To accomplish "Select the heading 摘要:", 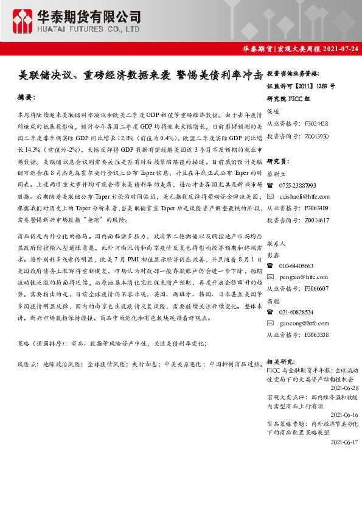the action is pyautogui.click(x=27, y=97).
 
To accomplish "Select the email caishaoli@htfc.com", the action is pyautogui.click(x=305, y=196).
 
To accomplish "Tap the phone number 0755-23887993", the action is pyautogui.click(x=298, y=185).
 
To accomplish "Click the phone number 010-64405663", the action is pyautogui.click(x=298, y=266).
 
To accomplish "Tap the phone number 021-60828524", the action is pyautogui.click(x=298, y=311).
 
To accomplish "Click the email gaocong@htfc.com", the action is pyautogui.click(x=304, y=323).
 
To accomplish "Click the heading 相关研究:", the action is pyautogui.click(x=281, y=361).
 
